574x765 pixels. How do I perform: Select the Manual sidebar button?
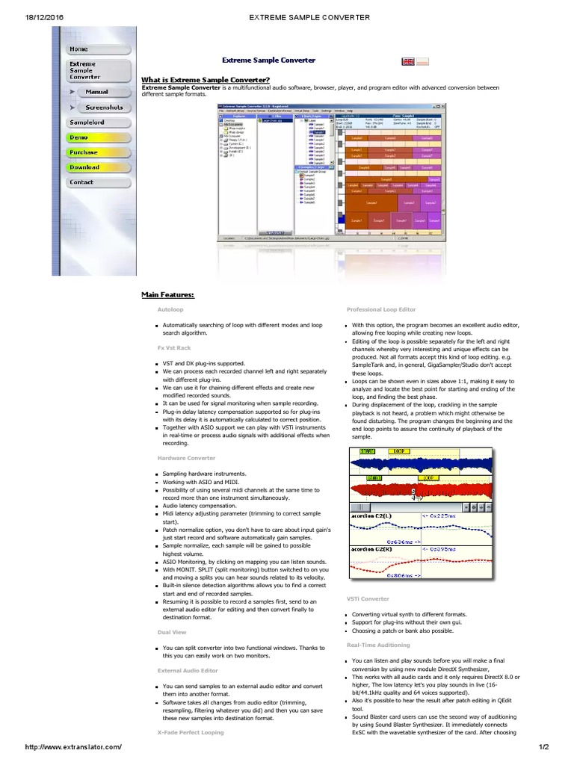(x=97, y=92)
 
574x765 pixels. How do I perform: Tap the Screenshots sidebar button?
(x=103, y=108)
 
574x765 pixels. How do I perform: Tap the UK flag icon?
(x=409, y=61)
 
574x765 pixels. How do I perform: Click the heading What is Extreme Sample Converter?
(x=206, y=80)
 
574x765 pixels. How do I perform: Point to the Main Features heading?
(x=168, y=294)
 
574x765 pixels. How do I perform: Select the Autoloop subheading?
(x=171, y=309)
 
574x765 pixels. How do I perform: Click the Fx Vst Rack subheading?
(x=174, y=347)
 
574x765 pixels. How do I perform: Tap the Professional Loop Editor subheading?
(x=381, y=309)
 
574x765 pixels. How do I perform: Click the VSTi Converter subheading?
(x=368, y=598)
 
